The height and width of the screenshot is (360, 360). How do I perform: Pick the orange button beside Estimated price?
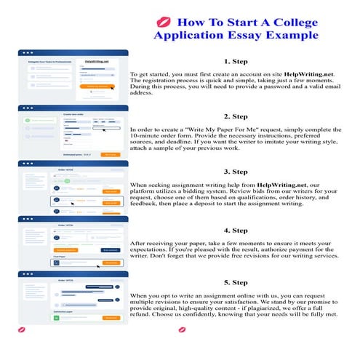pyautogui.click(x=109, y=154)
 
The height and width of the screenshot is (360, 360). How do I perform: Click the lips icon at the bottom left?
pyautogui.click(x=20, y=329)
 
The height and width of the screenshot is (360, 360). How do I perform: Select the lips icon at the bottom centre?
pyautogui.click(x=183, y=329)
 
